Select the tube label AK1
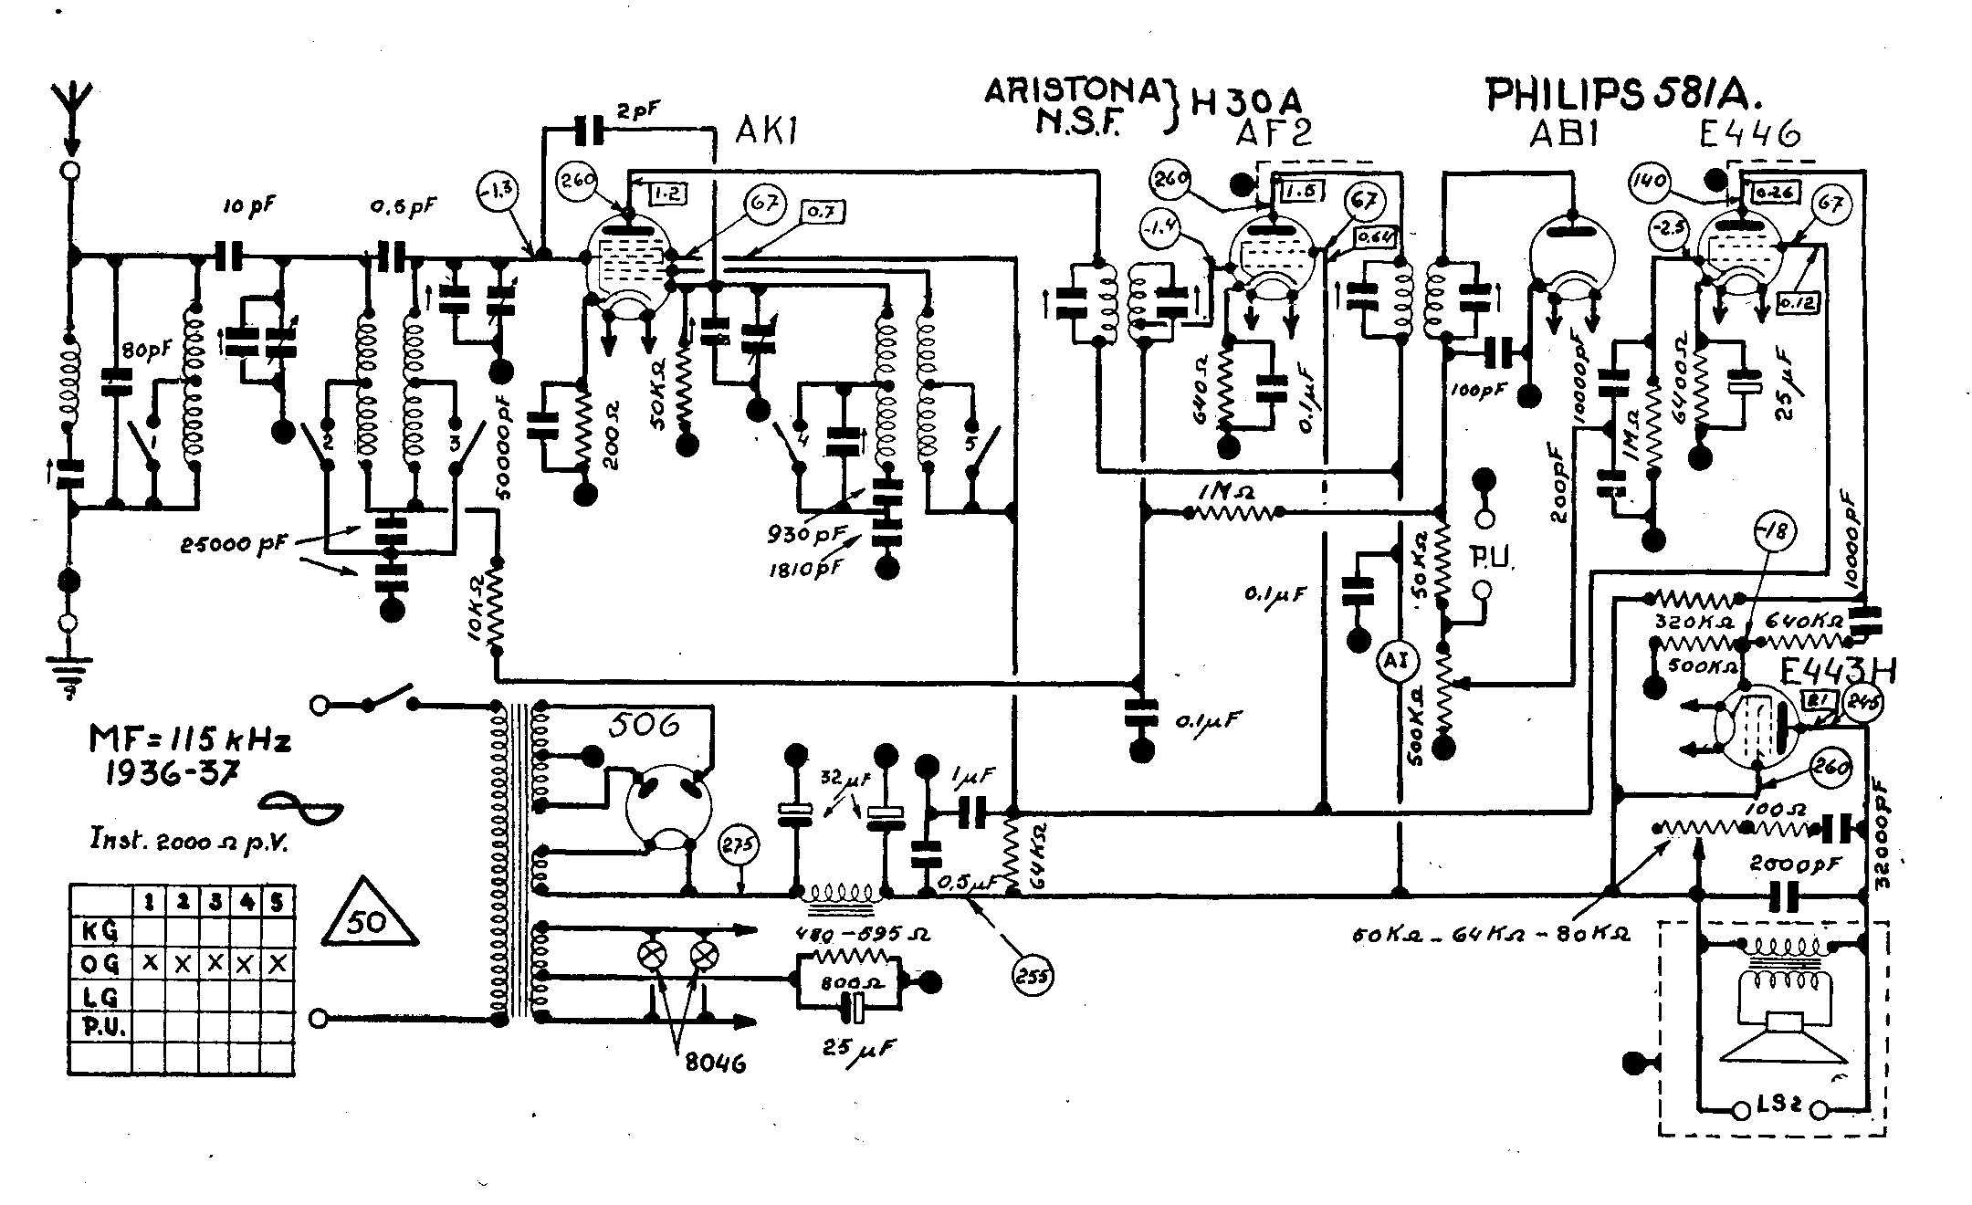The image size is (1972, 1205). (x=767, y=134)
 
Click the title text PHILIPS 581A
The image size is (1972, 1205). (x=1624, y=94)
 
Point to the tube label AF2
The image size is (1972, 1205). (x=1274, y=134)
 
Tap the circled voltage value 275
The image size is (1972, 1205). (x=739, y=846)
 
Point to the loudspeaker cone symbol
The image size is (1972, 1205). (x=1771, y=1041)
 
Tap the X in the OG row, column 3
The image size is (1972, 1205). (x=215, y=963)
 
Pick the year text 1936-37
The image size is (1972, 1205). (x=173, y=772)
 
